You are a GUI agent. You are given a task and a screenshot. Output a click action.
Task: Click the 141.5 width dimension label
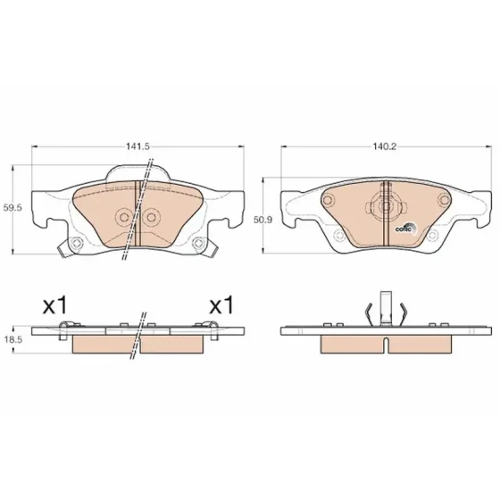(x=137, y=146)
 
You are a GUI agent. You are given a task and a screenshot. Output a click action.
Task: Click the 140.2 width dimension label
(x=385, y=146)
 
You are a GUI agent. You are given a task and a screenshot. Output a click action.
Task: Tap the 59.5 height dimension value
(x=12, y=208)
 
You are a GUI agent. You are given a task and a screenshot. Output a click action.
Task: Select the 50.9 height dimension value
(x=263, y=220)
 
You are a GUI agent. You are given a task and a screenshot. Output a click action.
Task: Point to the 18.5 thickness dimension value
(x=13, y=339)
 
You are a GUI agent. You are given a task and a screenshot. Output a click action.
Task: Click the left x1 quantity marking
(x=55, y=305)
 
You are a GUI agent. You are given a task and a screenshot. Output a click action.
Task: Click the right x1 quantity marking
(x=221, y=305)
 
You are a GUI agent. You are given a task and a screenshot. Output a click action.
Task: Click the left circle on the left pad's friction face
(x=124, y=218)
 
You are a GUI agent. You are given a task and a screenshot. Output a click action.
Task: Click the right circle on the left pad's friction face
(x=151, y=218)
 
